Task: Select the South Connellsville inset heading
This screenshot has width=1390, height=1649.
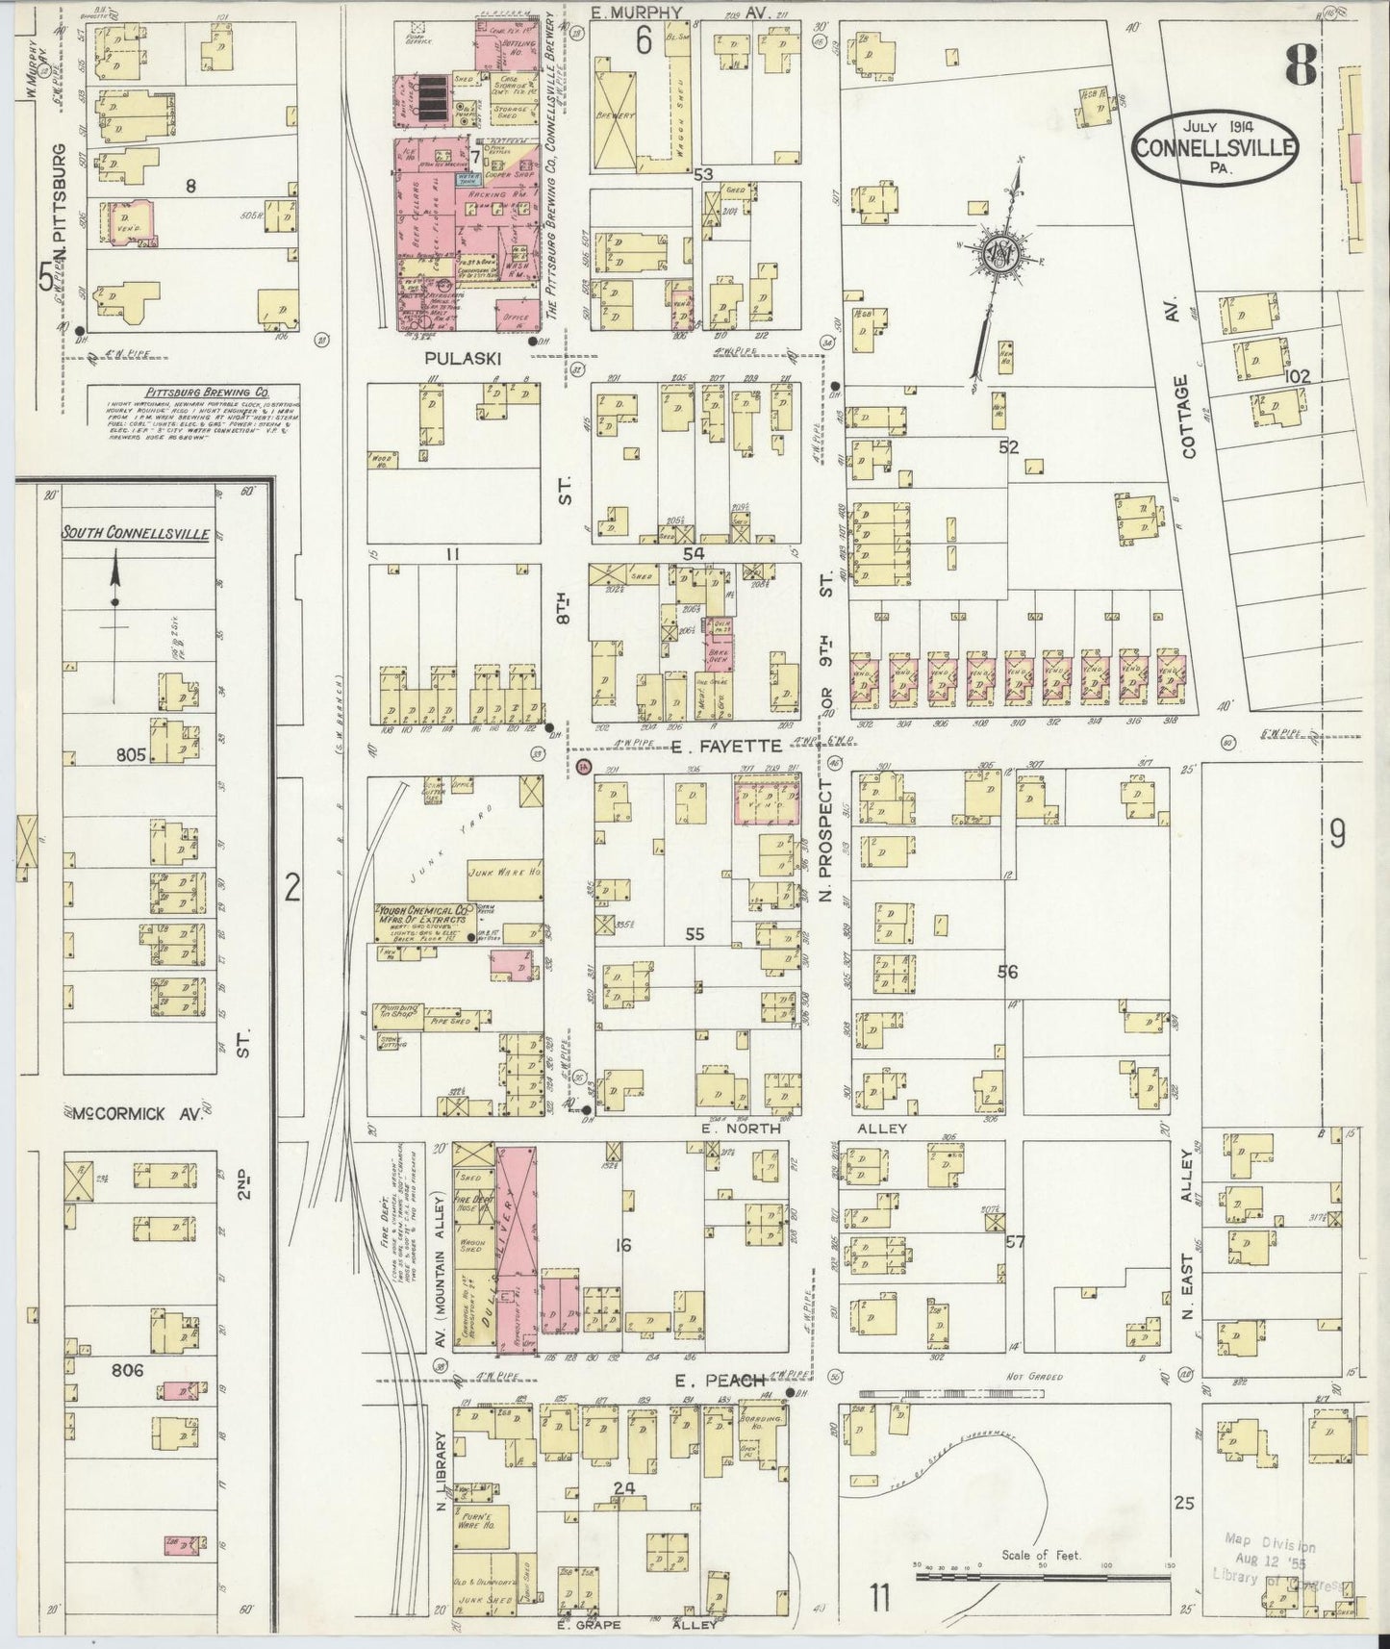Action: (x=136, y=533)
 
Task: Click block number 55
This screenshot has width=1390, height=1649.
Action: (x=694, y=934)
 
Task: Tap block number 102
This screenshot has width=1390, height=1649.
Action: (x=1297, y=376)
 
